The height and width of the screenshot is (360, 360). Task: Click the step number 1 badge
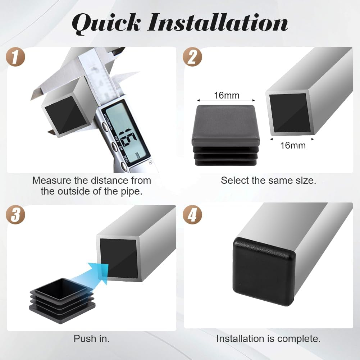[x=15, y=57]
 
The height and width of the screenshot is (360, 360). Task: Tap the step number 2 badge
[x=192, y=57]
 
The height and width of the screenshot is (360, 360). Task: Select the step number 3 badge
[x=15, y=215]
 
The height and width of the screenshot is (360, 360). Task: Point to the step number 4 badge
[x=192, y=215]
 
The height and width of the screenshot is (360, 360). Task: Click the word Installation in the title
[x=218, y=22]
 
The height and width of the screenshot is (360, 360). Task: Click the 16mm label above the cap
[x=227, y=95]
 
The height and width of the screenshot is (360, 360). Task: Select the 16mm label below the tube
[x=293, y=146]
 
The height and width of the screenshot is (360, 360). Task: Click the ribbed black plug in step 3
[x=62, y=301]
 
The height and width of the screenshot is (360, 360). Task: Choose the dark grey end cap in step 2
[x=226, y=135]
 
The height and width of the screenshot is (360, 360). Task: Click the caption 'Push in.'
[x=92, y=339]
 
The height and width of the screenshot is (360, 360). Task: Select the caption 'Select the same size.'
[x=268, y=181]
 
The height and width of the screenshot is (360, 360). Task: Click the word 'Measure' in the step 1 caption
[x=52, y=181]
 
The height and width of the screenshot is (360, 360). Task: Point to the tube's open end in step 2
[x=290, y=113]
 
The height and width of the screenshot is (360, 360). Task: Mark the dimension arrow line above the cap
[x=226, y=100]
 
